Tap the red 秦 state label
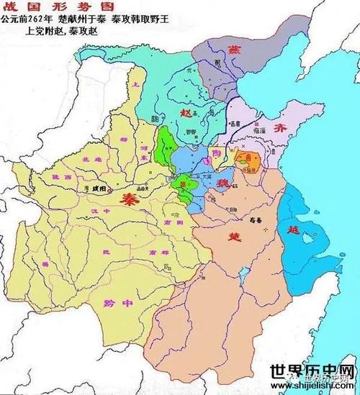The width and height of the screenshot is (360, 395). [130, 197]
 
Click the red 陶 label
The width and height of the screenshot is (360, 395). [217, 153]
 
